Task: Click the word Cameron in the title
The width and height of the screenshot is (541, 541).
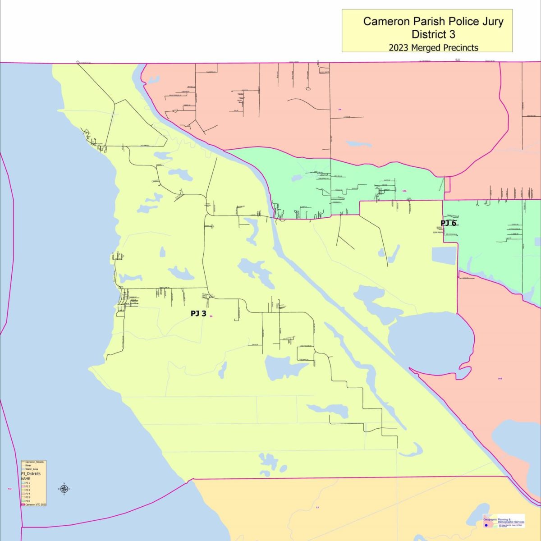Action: click(384, 21)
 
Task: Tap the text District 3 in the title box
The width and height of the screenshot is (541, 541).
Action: click(433, 34)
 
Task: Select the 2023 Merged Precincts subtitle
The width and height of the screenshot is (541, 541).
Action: click(433, 47)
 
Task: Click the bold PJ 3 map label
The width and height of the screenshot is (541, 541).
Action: click(198, 313)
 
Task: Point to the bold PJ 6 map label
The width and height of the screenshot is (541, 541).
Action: click(449, 223)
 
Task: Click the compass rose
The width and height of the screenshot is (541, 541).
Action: click(64, 489)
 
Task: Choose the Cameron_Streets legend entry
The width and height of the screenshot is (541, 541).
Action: click(34, 462)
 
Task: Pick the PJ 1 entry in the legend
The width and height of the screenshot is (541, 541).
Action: click(28, 483)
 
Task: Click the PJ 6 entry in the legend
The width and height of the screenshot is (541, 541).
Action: click(28, 501)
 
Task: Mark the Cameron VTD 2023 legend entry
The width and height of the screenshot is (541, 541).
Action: click(36, 504)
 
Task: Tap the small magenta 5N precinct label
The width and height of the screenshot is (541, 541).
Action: click(339, 109)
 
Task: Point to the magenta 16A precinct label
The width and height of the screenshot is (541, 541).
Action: click(404, 191)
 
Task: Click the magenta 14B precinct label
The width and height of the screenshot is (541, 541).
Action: click(500, 378)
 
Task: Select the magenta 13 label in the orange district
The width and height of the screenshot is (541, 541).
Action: click(317, 508)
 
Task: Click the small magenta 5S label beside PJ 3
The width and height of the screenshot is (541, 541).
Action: click(211, 316)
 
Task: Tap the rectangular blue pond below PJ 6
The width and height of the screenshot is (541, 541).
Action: click(444, 255)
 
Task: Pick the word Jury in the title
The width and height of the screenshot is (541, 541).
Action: click(491, 21)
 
